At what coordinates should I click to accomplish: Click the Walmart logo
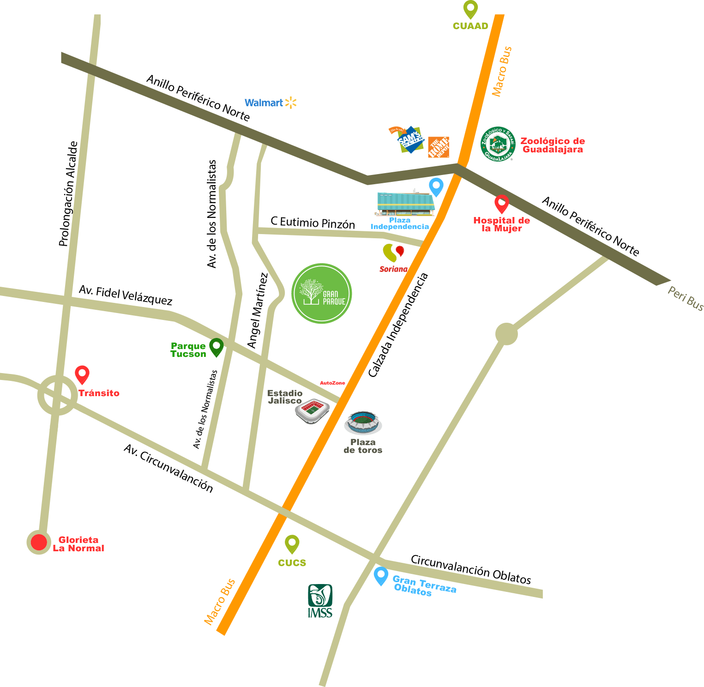pyautogui.click(x=270, y=103)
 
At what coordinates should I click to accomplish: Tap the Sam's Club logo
pyautogui.click(x=409, y=139)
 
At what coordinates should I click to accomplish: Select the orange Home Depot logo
pyautogui.click(x=438, y=147)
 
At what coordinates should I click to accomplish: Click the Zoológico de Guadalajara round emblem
pyautogui.click(x=497, y=145)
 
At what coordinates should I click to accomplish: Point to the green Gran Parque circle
pyautogui.click(x=322, y=294)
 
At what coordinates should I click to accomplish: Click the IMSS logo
pyautogui.click(x=320, y=601)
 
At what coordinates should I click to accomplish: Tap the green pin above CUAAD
pyautogui.click(x=470, y=9)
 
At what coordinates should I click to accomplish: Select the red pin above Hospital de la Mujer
pyautogui.click(x=501, y=204)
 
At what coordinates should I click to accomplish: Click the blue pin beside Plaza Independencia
pyautogui.click(x=436, y=187)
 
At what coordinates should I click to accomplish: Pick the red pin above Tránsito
pyautogui.click(x=82, y=374)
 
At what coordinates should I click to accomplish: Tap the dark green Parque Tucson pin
pyautogui.click(x=216, y=347)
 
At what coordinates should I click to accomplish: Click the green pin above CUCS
pyautogui.click(x=292, y=544)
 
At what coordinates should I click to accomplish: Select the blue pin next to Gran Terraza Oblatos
pyautogui.click(x=380, y=576)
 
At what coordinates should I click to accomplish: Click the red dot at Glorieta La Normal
pyautogui.click(x=39, y=542)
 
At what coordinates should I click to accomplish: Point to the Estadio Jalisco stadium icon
pyautogui.click(x=313, y=410)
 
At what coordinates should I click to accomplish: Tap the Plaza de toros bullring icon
pyautogui.click(x=363, y=422)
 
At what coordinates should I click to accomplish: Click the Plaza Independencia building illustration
pyautogui.click(x=405, y=204)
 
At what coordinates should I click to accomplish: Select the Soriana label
pyautogui.click(x=393, y=269)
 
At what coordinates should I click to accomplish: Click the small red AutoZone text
pyautogui.click(x=332, y=383)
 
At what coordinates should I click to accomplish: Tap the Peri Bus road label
pyautogui.click(x=686, y=299)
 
